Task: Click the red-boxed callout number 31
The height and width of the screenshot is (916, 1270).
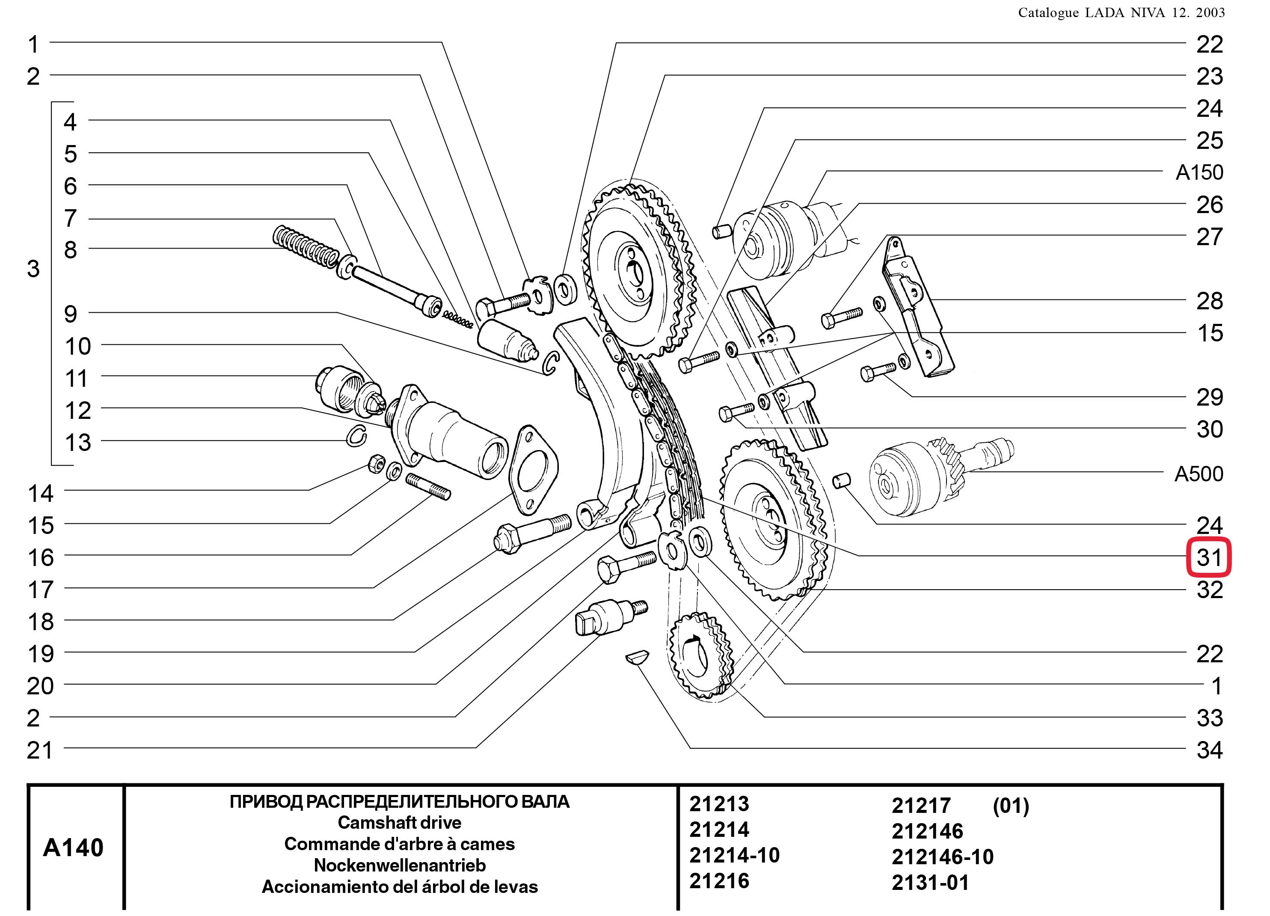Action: tap(1209, 557)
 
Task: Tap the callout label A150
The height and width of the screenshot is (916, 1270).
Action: tap(1199, 172)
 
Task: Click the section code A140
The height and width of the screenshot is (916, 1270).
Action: tap(73, 848)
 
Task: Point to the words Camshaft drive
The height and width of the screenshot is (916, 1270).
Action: tap(399, 822)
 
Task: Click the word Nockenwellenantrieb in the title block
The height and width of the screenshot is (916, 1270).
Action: tap(399, 865)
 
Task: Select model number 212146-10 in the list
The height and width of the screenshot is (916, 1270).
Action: tap(942, 857)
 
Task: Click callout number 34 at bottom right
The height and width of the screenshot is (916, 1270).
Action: tap(1210, 750)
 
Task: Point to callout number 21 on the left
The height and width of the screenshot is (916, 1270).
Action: tap(40, 750)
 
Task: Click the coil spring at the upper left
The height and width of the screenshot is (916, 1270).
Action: tap(305, 247)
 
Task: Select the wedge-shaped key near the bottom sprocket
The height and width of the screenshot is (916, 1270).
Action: tap(637, 656)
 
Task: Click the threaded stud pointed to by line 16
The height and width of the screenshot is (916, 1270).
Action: tap(428, 486)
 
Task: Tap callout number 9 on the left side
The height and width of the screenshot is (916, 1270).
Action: tap(71, 314)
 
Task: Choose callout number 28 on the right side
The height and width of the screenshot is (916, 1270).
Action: tap(1210, 301)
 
